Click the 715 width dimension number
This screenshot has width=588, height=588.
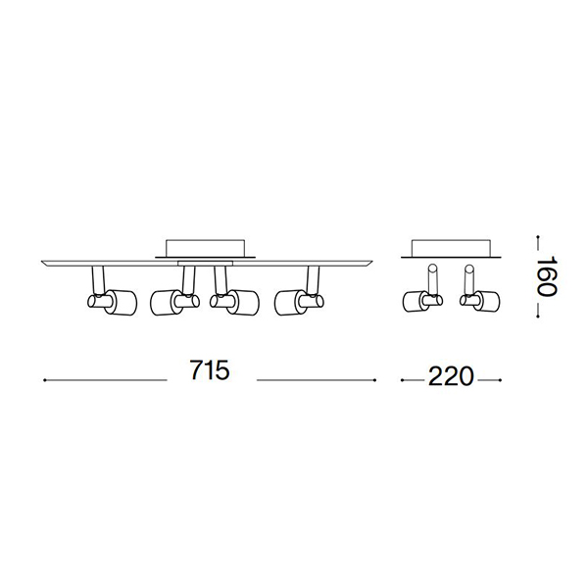(x=210, y=370)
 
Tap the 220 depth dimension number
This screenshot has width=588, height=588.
(x=451, y=376)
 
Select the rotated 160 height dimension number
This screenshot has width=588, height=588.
(x=548, y=276)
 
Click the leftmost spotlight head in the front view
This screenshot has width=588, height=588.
(x=112, y=302)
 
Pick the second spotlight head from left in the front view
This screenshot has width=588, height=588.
(x=174, y=302)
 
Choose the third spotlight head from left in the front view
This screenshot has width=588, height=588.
(x=234, y=302)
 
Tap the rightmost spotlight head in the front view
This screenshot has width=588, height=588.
(x=299, y=302)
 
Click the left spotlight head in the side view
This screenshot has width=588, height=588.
(x=422, y=302)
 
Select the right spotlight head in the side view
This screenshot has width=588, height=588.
(x=479, y=302)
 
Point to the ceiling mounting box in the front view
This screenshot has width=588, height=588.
(x=205, y=248)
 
